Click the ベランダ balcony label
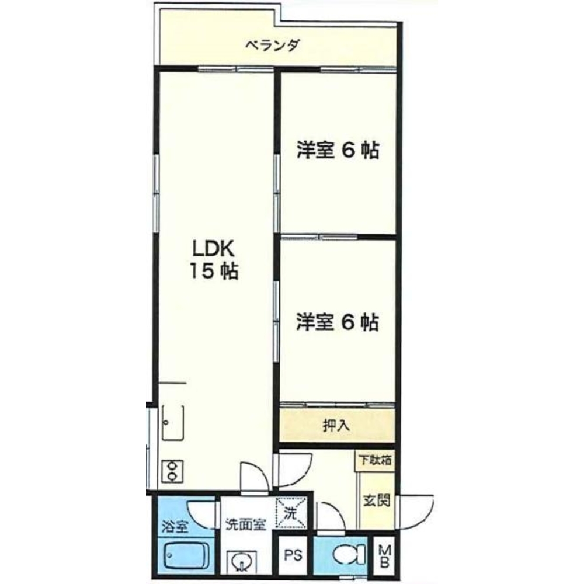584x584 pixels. tap(273, 46)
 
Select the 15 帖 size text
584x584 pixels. tap(214, 271)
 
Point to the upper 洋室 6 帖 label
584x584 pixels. tap(338, 151)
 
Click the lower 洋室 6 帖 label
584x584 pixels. tap(338, 322)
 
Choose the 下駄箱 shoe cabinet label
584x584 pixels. tap(375, 460)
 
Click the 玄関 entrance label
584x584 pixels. tap(377, 500)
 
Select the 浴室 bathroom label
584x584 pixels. tap(175, 527)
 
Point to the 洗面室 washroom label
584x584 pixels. tap(246, 525)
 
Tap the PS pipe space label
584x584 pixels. tap(293, 555)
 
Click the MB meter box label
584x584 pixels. tap(384, 556)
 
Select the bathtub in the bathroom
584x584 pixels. tap(186, 556)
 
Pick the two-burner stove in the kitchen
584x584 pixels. tap(172, 471)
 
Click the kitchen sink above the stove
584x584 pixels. tap(173, 423)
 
